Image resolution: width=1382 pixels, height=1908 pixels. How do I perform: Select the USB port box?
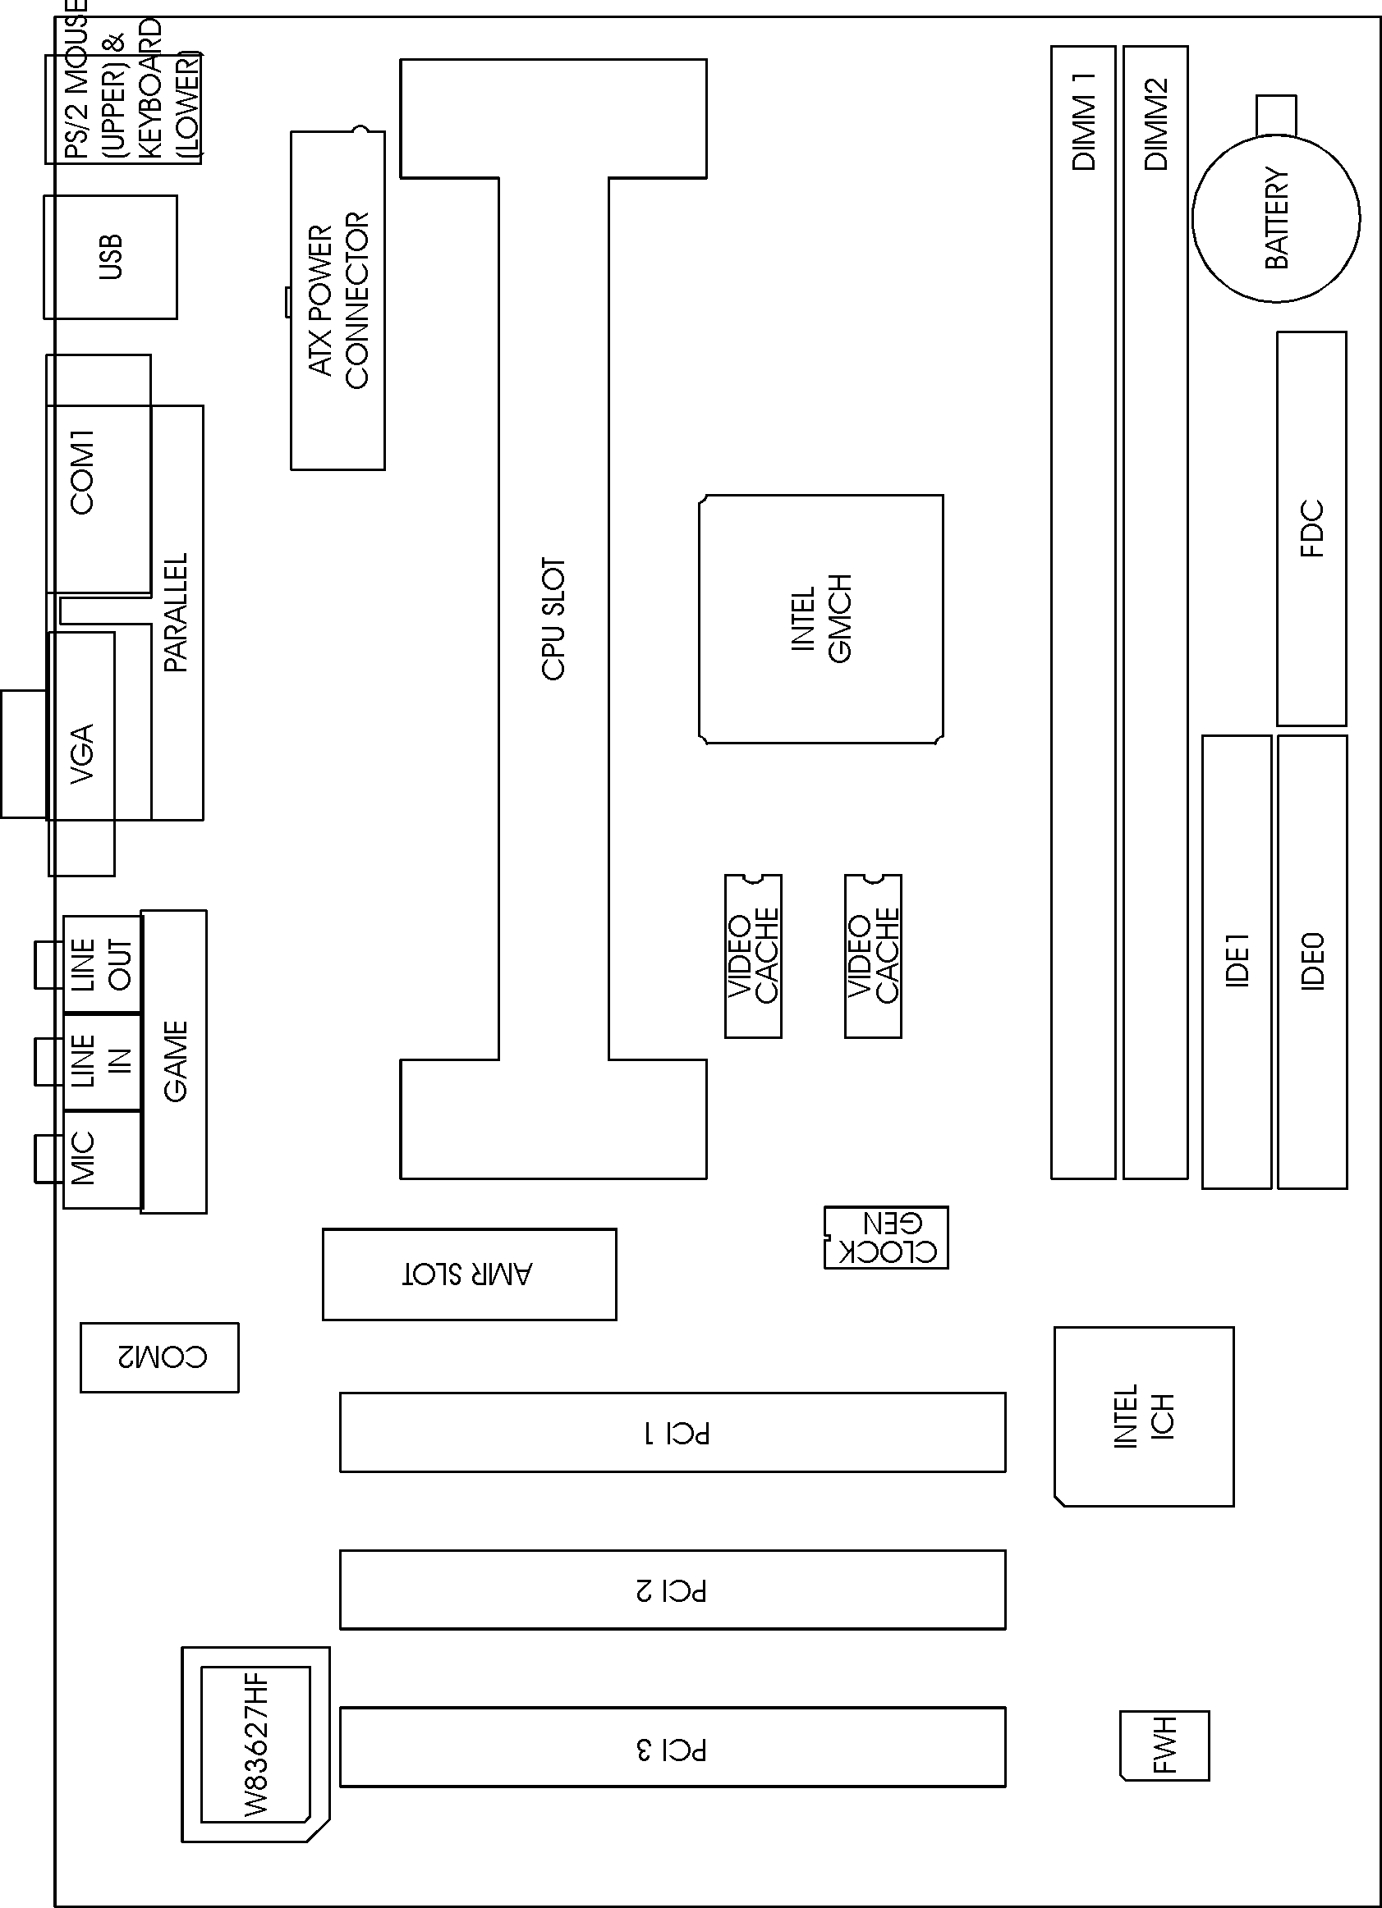pyautogui.click(x=110, y=257)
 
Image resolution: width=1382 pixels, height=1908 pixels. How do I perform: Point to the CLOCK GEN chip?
pyautogui.click(x=886, y=1237)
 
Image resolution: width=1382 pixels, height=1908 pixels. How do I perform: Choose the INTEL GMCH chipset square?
pyautogui.click(x=820, y=618)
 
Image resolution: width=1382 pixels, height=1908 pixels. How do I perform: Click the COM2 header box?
pyautogui.click(x=160, y=1357)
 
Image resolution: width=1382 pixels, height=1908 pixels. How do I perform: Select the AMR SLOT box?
pyautogui.click(x=469, y=1274)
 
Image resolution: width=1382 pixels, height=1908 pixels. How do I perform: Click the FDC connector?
pyautogui.click(x=1311, y=528)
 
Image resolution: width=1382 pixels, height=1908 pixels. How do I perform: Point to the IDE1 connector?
pyautogui.click(x=1236, y=961)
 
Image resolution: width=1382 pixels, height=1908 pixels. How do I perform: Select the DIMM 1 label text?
pyautogui.click(x=1083, y=121)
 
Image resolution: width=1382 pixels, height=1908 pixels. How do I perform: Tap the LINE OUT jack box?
pyautogui.click(x=102, y=964)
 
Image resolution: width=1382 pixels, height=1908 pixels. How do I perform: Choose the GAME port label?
pyautogui.click(x=175, y=1061)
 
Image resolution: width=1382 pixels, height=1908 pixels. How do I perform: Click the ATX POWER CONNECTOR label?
pyautogui.click(x=338, y=300)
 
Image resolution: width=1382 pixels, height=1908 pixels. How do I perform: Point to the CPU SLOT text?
pyautogui.click(x=553, y=618)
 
